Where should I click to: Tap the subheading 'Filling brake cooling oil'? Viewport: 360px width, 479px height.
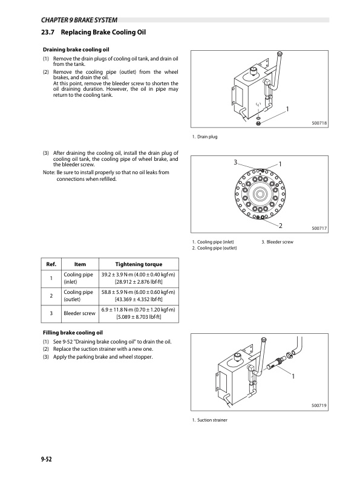click(x=73, y=333)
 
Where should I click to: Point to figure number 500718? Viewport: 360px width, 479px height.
click(x=319, y=123)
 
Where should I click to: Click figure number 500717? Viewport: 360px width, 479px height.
click(x=319, y=228)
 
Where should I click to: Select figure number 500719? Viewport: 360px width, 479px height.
click(x=319, y=405)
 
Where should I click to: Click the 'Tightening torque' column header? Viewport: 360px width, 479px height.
click(x=139, y=264)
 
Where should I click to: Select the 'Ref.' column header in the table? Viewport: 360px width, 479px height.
click(x=51, y=264)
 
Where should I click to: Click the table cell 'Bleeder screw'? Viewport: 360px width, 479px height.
click(x=80, y=313)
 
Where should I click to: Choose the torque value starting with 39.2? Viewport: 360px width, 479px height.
click(x=139, y=275)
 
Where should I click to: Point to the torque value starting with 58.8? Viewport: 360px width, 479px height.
click(x=139, y=292)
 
